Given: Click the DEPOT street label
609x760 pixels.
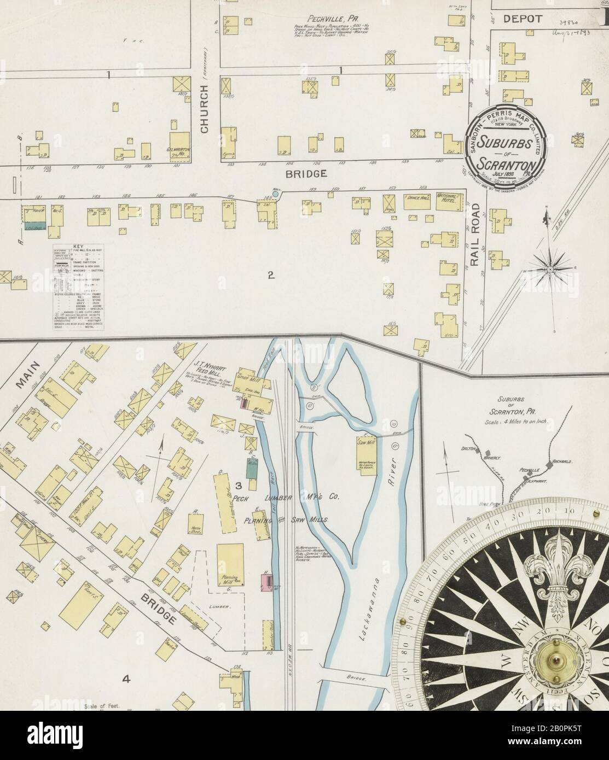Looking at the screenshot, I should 523,19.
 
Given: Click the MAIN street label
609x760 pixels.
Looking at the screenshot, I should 25,377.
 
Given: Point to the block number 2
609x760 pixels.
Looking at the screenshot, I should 270,275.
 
